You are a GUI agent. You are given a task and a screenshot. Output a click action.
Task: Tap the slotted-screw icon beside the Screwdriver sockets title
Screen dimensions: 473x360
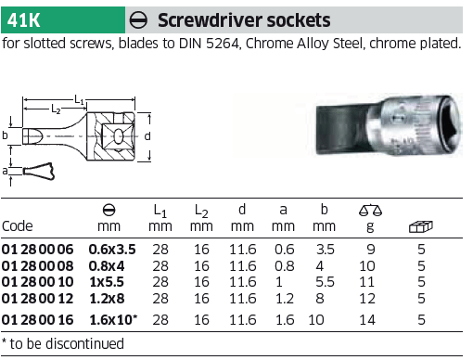click(x=138, y=20)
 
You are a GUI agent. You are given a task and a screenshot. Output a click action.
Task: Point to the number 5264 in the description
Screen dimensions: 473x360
click(x=223, y=44)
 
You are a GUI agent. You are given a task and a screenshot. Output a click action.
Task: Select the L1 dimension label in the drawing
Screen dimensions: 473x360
click(x=80, y=99)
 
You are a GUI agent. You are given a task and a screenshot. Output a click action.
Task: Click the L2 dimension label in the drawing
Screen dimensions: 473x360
click(x=56, y=109)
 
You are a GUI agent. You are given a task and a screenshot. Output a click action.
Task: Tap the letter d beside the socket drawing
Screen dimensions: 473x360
click(x=147, y=135)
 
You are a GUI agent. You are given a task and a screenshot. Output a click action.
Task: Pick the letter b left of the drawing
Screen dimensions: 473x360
click(x=5, y=135)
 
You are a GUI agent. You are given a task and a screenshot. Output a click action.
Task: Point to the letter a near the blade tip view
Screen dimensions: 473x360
click(x=5, y=171)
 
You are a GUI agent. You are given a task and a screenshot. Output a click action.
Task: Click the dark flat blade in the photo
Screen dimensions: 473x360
click(x=343, y=130)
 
